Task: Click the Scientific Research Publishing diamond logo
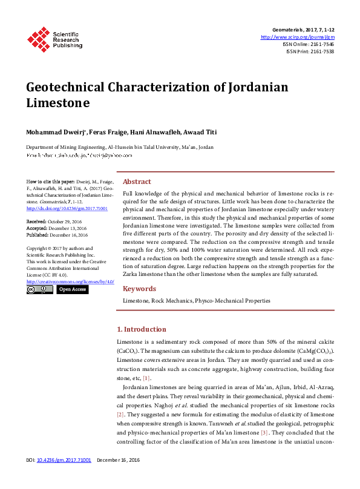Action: [x=39, y=39]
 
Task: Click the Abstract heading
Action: [x=137, y=182]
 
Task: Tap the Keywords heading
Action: [x=139, y=289]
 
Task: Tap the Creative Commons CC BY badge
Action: [x=40, y=290]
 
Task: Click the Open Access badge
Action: [x=72, y=290]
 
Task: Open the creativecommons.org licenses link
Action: [x=70, y=282]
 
